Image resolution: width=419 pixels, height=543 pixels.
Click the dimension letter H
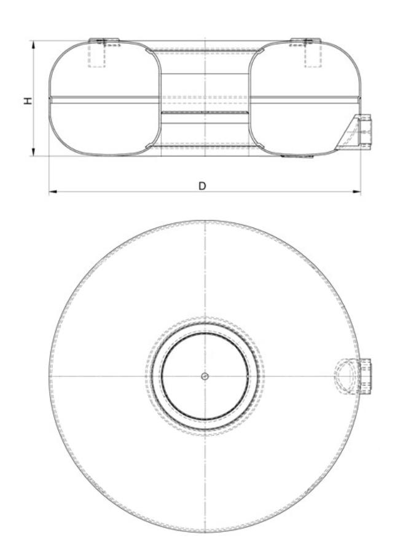28,101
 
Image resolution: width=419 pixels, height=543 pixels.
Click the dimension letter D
202,186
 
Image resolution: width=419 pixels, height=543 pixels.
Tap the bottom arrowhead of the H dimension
34,152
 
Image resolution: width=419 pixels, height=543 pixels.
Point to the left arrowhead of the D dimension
53,191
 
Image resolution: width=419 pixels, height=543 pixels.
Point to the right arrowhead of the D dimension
356,191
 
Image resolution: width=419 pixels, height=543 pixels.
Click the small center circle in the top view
205,376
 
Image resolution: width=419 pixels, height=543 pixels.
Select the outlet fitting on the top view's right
365,376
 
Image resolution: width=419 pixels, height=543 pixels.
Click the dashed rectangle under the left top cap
96,54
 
